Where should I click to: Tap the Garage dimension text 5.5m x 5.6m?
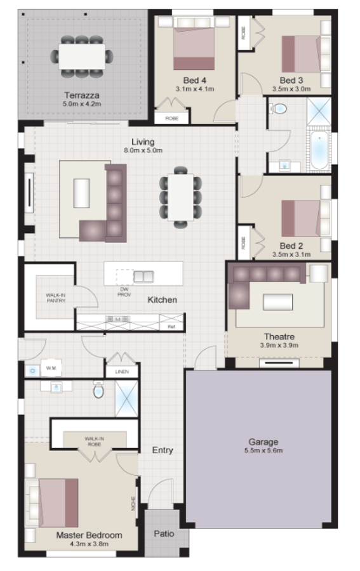(x=263, y=451)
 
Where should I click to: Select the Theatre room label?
(x=280, y=336)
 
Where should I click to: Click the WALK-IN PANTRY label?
(x=56, y=298)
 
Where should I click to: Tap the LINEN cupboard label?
(x=122, y=372)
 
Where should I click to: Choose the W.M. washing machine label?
(x=50, y=367)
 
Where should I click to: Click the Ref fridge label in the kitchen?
(x=171, y=326)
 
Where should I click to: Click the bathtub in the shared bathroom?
(x=319, y=151)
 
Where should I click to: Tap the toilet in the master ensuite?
(x=98, y=391)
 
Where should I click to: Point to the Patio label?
(x=164, y=534)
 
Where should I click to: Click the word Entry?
(x=163, y=450)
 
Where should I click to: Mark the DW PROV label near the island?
(x=124, y=292)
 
